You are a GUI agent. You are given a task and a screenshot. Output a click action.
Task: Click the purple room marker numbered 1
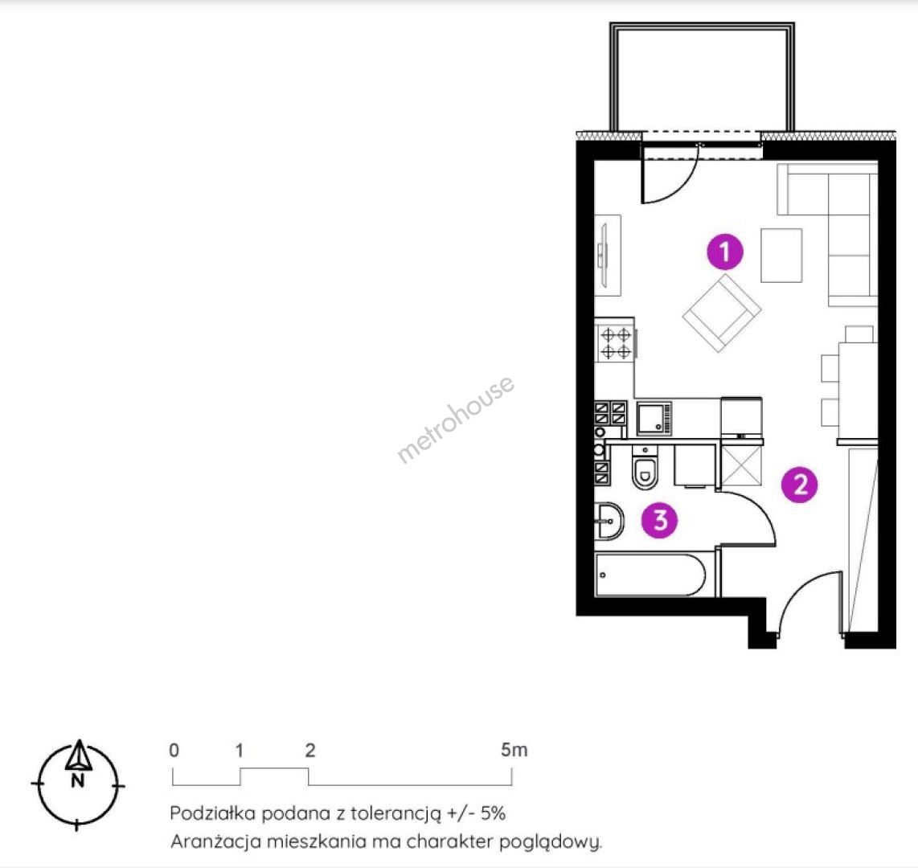click(x=725, y=252)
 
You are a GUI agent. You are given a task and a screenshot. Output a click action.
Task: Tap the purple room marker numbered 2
click(x=800, y=484)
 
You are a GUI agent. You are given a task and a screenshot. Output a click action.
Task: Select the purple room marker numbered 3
click(x=660, y=519)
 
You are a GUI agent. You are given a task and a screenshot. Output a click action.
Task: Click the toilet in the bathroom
click(x=645, y=469)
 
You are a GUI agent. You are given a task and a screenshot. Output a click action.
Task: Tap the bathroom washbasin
click(x=609, y=520)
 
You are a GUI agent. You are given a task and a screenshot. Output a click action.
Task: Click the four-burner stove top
click(x=616, y=343)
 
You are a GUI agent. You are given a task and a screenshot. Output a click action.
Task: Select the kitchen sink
click(x=654, y=418)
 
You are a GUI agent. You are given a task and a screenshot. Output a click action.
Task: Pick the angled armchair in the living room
click(x=722, y=313)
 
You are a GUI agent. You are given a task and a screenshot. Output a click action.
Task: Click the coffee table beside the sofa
click(x=781, y=256)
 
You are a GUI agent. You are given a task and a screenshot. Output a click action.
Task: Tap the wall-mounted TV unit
click(x=607, y=256)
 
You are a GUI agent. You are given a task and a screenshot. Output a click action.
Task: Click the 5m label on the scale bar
click(x=514, y=750)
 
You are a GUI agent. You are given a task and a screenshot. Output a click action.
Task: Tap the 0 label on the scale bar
click(x=174, y=750)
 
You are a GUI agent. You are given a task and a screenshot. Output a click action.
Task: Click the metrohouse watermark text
click(x=456, y=419)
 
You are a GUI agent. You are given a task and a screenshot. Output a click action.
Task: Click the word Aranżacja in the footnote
click(x=215, y=842)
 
